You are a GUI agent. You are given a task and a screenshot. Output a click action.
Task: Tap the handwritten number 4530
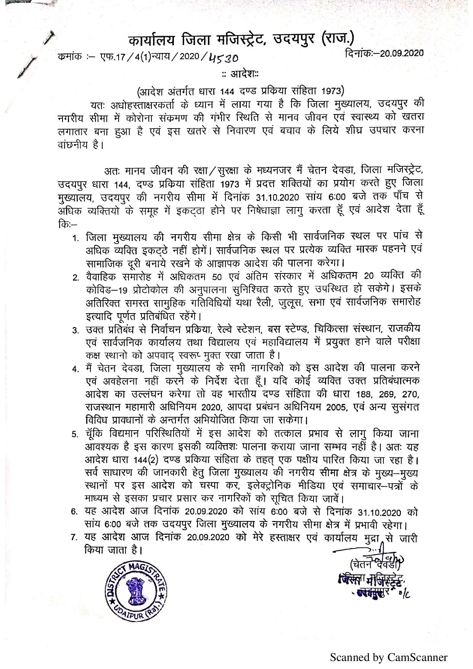[224, 58]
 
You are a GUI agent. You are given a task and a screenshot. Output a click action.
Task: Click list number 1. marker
[76, 238]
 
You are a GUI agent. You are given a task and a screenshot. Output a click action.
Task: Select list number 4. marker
[76, 369]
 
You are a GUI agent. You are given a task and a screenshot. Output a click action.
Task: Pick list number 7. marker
[76, 538]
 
